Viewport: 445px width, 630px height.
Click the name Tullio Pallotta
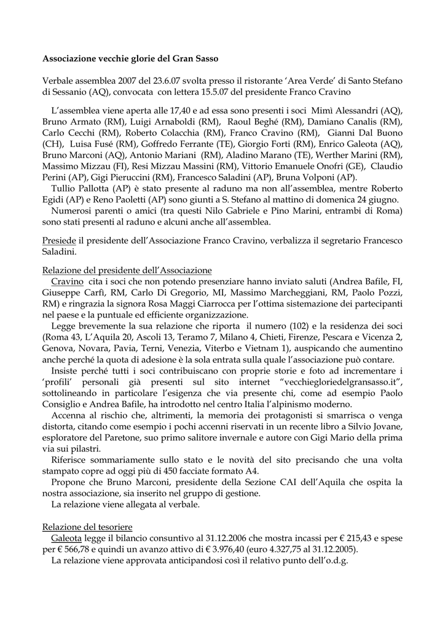(x=84, y=188)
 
